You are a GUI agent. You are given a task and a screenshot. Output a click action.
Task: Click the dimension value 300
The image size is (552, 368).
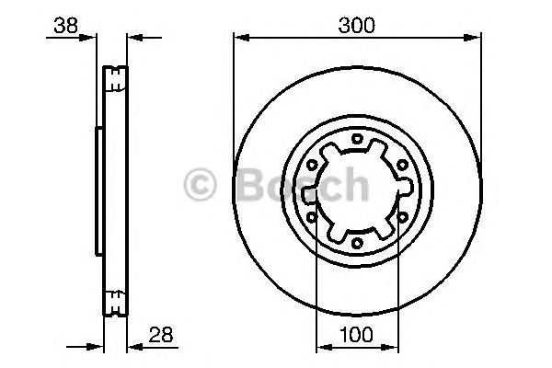pyautogui.click(x=357, y=26)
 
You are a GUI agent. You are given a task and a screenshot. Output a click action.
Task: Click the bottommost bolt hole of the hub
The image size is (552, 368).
pyautogui.click(x=357, y=244)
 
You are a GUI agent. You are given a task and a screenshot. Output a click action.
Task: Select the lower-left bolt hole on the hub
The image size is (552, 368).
pyautogui.click(x=314, y=218)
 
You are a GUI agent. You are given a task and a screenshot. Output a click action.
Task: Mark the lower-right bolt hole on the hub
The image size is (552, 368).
pyautogui.click(x=400, y=218)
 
